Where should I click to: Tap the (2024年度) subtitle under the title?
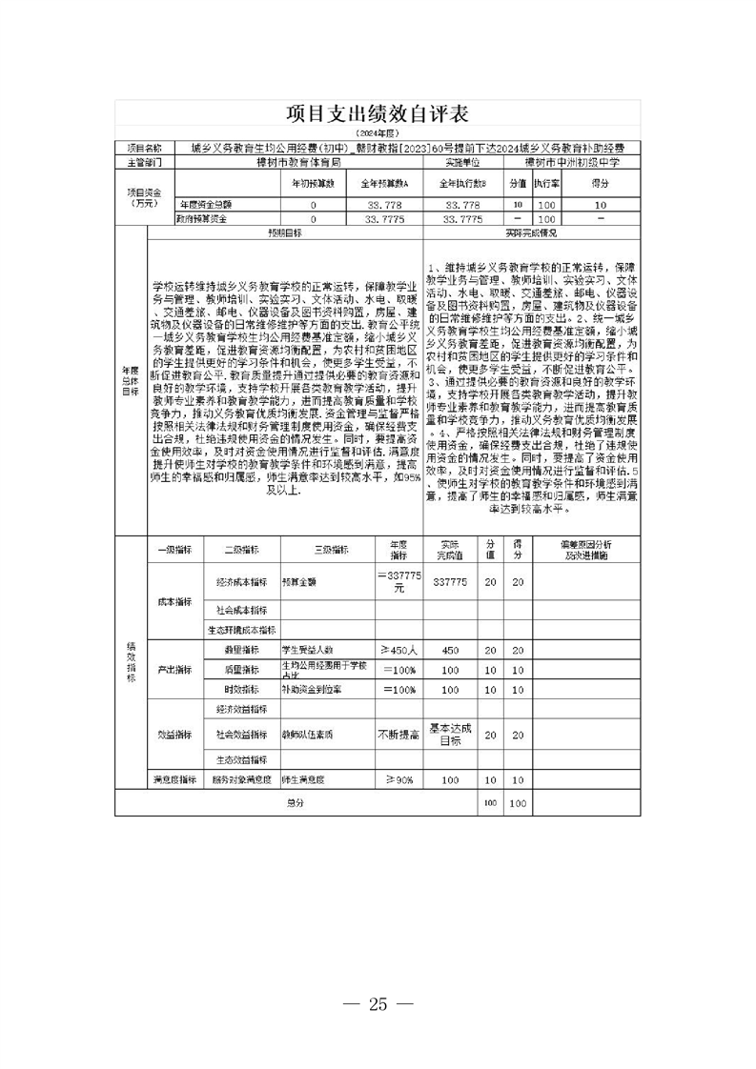pyautogui.click(x=378, y=134)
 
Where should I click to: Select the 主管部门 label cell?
pyautogui.click(x=145, y=162)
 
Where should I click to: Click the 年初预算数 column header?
pyautogui.click(x=313, y=183)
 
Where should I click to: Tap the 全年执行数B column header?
pyautogui.click(x=462, y=183)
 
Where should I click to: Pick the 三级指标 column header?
pyautogui.click(x=329, y=550)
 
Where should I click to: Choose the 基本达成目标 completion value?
pyautogui.click(x=449, y=734)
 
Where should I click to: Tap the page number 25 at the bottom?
pyautogui.click(x=378, y=1004)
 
